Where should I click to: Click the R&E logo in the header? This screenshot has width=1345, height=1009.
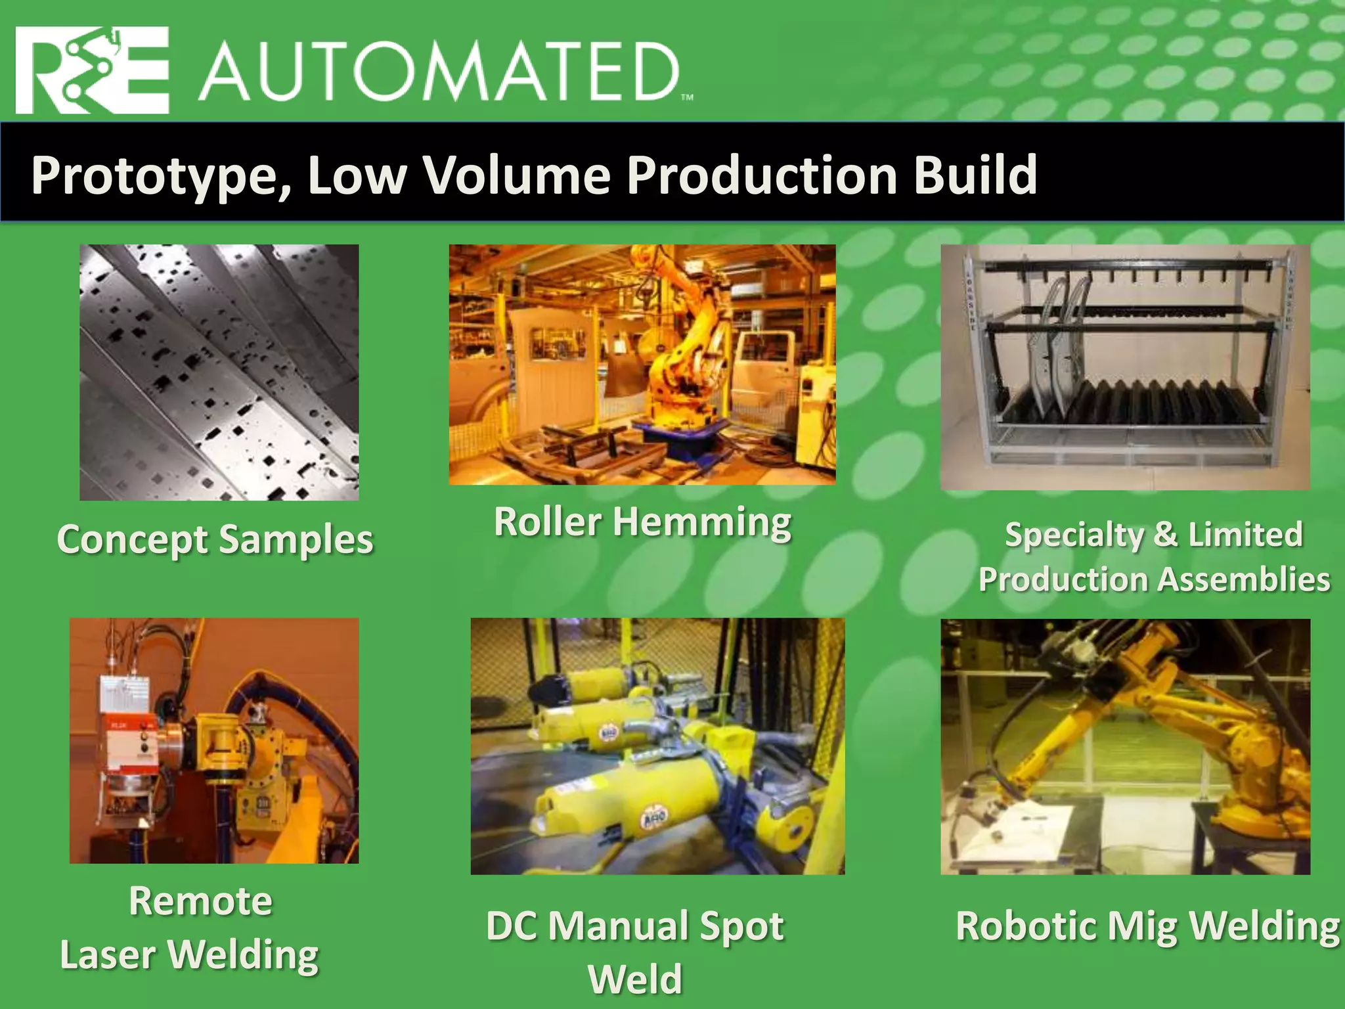tap(92, 70)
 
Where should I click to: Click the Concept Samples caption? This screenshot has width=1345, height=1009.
tap(215, 540)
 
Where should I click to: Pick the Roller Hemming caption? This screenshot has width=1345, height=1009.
tap(642, 522)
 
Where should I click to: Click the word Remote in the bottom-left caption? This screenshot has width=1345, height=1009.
tap(200, 901)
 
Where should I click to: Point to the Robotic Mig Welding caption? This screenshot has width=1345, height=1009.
tap(1147, 926)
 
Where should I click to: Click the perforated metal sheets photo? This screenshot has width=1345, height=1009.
tap(219, 372)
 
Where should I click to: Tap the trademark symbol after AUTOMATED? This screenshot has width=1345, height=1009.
tap(687, 98)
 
